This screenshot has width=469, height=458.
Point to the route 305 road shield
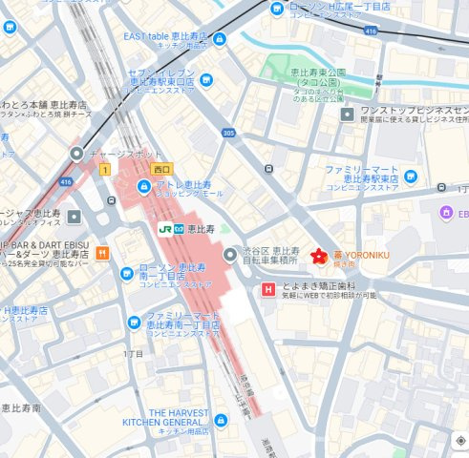coord(228,134)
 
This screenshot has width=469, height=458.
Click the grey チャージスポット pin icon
coord(75,154)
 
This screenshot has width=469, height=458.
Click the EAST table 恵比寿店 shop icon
coord(221,39)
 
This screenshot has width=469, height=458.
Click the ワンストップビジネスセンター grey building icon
coord(347,114)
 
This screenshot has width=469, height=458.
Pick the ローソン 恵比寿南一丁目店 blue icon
coord(127,275)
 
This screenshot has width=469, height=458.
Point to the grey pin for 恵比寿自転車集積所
coord(230,255)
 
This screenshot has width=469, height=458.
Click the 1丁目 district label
coord(133,354)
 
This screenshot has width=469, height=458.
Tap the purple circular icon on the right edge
coord(444,211)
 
